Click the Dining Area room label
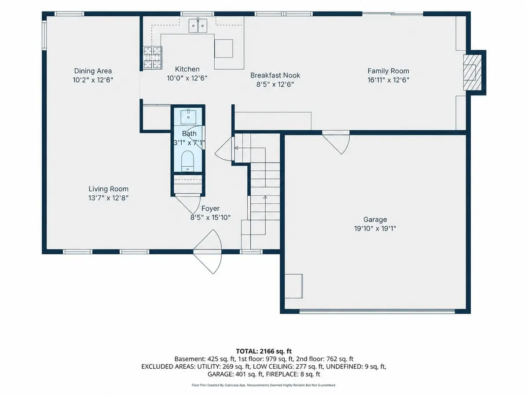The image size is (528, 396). point(93,71)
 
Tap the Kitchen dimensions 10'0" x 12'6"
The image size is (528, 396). point(187,78)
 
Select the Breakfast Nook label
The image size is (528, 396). point(275,75)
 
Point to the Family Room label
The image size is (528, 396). point(388,71)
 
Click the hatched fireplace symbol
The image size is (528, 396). point(473,73)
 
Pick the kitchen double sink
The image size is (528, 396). point(198,25)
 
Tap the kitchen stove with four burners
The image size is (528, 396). point(153,58)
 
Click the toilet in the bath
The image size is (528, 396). point(187,161)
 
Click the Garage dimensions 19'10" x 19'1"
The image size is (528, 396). point(375,228)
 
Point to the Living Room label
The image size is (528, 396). point(108,189)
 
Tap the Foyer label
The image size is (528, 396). point(210,209)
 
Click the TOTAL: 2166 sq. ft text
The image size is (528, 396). point(264,351)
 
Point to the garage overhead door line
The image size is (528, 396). point(377,312)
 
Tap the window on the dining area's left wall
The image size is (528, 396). point(44,35)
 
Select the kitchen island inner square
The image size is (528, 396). point(224,48)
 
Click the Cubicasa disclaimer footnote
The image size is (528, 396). point(264,385)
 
